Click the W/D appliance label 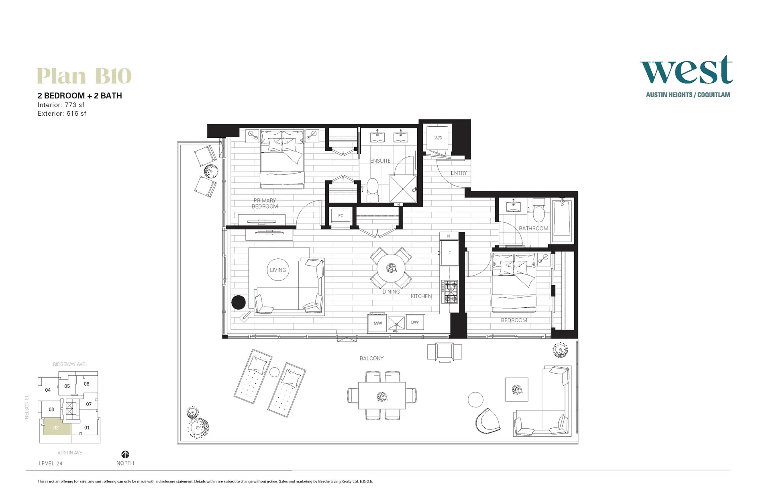[438, 138]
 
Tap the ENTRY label [459, 173]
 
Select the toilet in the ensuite [373, 189]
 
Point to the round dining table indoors [391, 268]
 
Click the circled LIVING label [278, 270]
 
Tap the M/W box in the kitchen [377, 323]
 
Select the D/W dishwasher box [415, 322]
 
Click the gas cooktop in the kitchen [449, 292]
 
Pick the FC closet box [341, 216]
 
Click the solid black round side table [239, 302]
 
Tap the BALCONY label [371, 358]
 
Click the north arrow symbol [125, 454]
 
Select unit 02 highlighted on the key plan [56, 427]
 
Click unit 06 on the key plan [86, 384]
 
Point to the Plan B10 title [84, 76]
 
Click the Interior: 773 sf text [61, 105]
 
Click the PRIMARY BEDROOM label [265, 203]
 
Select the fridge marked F [449, 253]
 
